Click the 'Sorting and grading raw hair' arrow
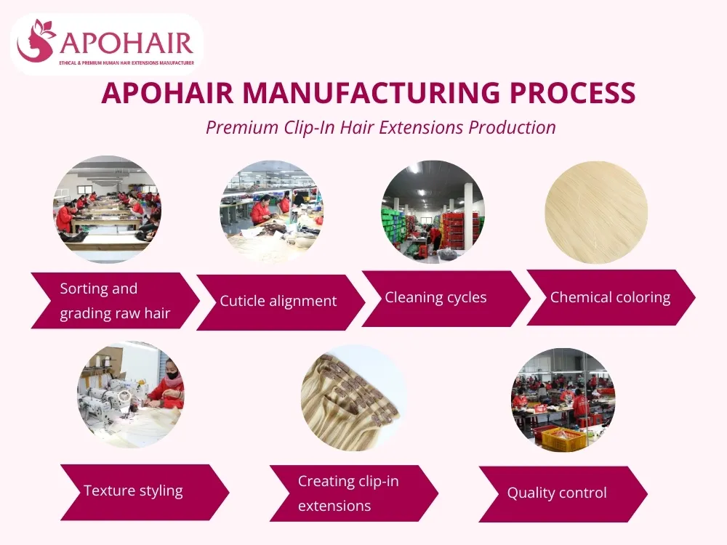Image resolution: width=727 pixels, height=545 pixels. [114, 300]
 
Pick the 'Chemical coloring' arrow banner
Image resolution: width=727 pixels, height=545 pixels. [610, 297]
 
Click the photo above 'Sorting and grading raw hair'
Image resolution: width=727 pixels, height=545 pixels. [108, 209]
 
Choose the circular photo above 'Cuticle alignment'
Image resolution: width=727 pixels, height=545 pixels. [271, 211]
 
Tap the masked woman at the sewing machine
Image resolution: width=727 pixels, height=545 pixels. [169, 385]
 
